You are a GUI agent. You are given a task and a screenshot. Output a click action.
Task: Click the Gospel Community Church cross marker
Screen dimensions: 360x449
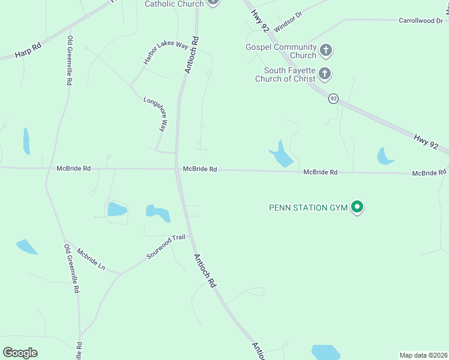click(x=325, y=50)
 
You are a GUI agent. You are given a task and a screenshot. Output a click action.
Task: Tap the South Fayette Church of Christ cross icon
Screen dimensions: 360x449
click(x=324, y=74)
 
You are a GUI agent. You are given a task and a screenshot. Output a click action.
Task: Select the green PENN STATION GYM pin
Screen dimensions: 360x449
click(x=357, y=208)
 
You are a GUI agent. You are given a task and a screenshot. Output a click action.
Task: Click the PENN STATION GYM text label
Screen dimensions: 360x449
click(x=308, y=208)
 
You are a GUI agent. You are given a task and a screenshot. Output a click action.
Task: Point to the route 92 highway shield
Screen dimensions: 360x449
click(x=333, y=98)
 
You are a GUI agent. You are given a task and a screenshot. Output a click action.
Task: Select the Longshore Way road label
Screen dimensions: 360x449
click(x=155, y=113)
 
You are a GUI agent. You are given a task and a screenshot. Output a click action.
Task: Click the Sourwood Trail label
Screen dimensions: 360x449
click(x=166, y=247)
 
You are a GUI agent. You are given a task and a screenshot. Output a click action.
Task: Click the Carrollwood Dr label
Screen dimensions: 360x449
click(x=421, y=20)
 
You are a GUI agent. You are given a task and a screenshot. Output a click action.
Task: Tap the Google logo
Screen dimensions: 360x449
click(x=20, y=353)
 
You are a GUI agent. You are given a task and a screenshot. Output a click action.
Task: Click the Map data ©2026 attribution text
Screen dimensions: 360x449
click(x=423, y=355)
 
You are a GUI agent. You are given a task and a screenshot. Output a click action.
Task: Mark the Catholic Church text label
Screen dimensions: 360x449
click(x=173, y=4)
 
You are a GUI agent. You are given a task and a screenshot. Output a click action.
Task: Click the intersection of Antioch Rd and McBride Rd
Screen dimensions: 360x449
click(x=178, y=169)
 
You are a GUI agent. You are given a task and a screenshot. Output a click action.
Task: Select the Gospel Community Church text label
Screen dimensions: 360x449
click(x=281, y=51)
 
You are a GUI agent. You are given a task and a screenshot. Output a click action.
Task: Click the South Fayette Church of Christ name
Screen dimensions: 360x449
click(x=285, y=74)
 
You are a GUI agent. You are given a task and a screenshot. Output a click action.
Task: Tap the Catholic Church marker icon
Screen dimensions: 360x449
click(x=212, y=2)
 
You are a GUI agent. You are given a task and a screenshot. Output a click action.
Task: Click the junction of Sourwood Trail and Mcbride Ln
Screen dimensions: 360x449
click(x=121, y=274)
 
